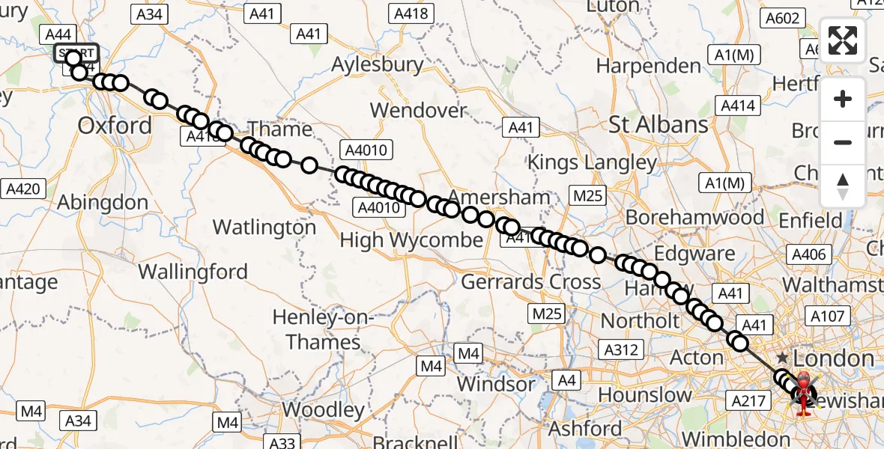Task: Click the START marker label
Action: [x=76, y=52]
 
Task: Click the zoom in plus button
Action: [x=843, y=99]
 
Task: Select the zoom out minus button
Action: [x=843, y=142]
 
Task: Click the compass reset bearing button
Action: [x=843, y=186]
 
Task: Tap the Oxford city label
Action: [x=115, y=125]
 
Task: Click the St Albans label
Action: [x=659, y=124]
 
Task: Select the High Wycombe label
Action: [x=411, y=240]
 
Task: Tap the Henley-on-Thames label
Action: [x=323, y=329]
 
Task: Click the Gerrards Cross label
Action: [x=530, y=282]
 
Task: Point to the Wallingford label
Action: [x=193, y=271]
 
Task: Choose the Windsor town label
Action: [x=497, y=384]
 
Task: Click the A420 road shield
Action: [x=22, y=189]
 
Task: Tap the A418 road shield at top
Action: [x=411, y=13]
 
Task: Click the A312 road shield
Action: [x=622, y=349]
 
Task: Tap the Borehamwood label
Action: [x=694, y=218]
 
